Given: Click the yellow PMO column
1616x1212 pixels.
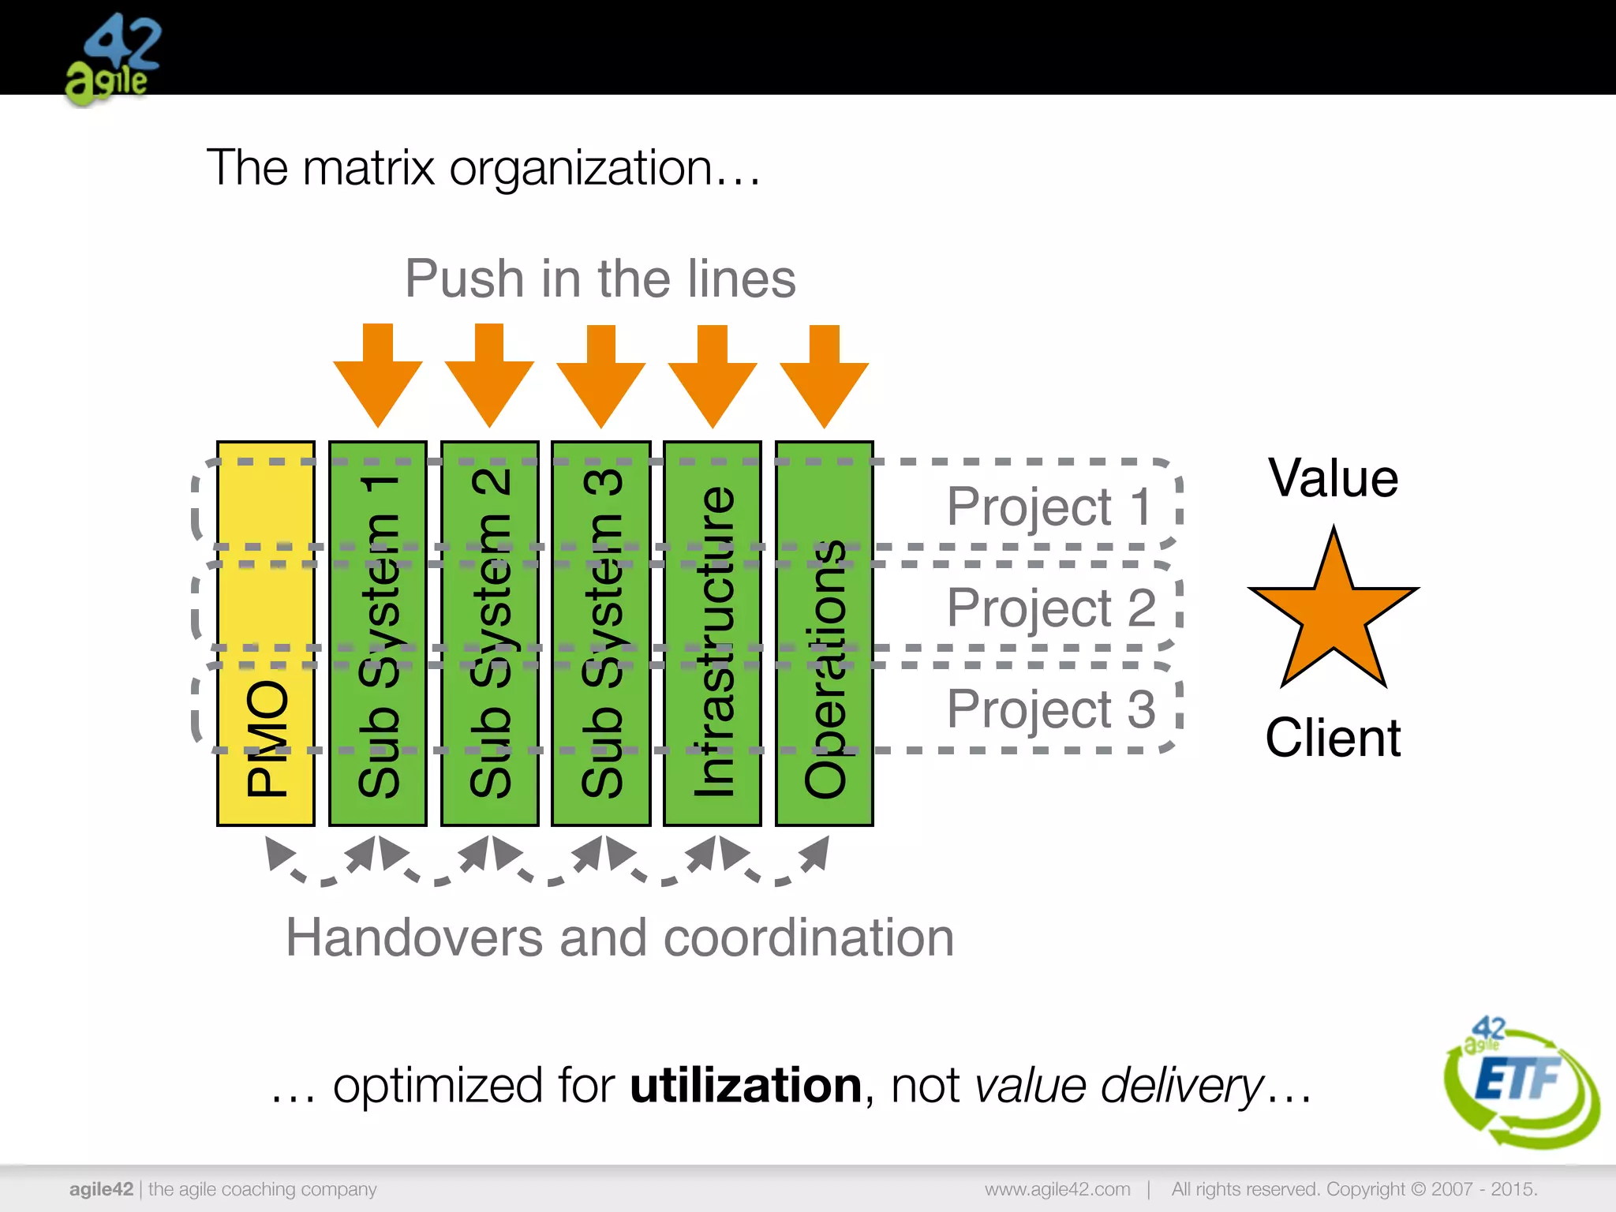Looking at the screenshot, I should (x=266, y=634).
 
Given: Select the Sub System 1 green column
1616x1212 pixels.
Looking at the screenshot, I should (x=378, y=634).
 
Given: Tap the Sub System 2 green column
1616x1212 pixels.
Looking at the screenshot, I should (x=490, y=634).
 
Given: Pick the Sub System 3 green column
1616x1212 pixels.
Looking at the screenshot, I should (x=601, y=634).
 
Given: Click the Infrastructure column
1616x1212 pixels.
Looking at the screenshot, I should (x=713, y=634).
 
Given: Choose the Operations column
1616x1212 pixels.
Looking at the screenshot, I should (x=825, y=634).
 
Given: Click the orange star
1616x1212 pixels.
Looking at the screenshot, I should (x=1334, y=615).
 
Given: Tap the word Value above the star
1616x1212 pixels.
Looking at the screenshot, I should (x=1334, y=478).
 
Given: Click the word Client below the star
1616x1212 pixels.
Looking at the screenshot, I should (x=1334, y=738).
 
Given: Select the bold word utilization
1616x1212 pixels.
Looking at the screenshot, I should (x=746, y=1086).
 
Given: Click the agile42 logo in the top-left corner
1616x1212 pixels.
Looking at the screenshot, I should (x=113, y=59).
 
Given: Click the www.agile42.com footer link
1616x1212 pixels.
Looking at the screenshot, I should (x=1057, y=1189).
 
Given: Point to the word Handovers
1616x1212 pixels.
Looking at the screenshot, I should (x=413, y=937).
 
